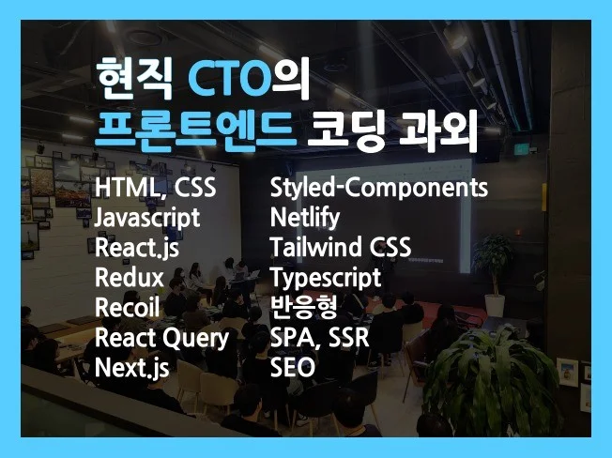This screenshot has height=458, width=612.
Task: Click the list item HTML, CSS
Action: tap(156, 190)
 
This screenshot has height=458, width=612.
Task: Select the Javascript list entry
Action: tap(147, 219)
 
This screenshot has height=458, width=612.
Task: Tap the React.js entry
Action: tap(137, 249)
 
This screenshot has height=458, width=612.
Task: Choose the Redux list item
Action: tap(130, 278)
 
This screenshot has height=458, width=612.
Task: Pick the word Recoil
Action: tap(128, 308)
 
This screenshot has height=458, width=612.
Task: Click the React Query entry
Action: tap(161, 338)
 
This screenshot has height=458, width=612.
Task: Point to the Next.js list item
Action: tap(132, 368)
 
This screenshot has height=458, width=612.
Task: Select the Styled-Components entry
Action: tap(379, 189)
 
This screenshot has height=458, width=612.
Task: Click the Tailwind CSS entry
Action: tap(340, 249)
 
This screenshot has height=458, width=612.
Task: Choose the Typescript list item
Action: tap(326, 279)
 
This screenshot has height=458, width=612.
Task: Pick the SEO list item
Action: tap(292, 368)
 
